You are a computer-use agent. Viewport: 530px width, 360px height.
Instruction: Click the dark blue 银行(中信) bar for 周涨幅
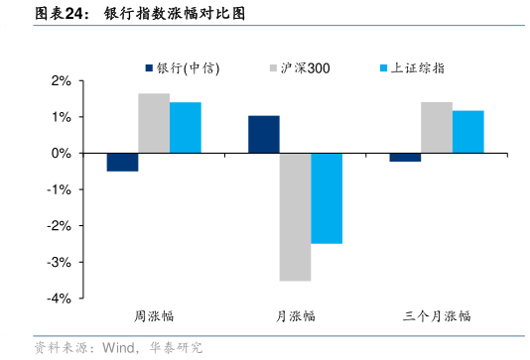[x=122, y=163]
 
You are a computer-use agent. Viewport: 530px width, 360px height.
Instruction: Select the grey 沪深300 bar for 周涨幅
[x=154, y=123]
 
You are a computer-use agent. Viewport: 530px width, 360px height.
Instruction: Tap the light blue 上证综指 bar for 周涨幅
[x=185, y=128]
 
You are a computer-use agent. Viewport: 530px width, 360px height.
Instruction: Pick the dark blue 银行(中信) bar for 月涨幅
[x=264, y=135]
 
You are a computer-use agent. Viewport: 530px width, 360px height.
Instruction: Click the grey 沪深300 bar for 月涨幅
[x=295, y=217]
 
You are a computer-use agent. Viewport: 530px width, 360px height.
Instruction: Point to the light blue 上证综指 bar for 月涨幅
[x=327, y=198]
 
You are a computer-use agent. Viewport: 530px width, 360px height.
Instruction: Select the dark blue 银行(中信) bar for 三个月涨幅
[x=405, y=158]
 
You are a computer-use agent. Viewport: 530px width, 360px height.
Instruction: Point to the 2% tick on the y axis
[x=63, y=81]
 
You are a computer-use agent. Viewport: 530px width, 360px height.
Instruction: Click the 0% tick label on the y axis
[x=63, y=154]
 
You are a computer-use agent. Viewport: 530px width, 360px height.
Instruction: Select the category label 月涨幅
[x=295, y=316]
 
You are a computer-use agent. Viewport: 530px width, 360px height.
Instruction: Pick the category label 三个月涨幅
[x=437, y=316]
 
